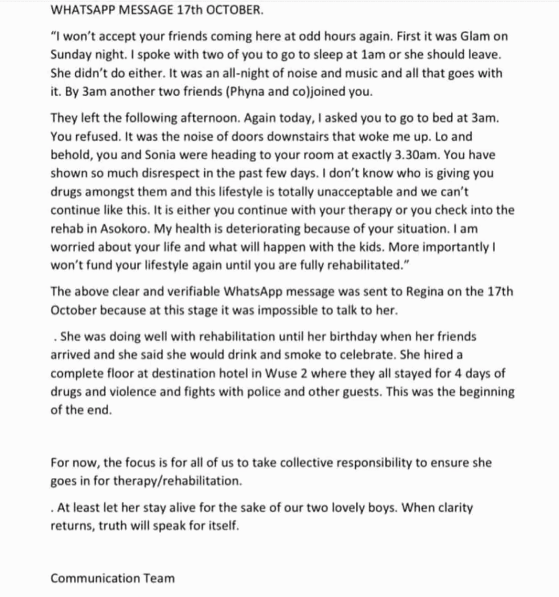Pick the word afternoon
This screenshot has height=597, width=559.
pyautogui.click(x=204, y=118)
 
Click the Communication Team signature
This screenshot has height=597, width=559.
pyautogui.click(x=112, y=578)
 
